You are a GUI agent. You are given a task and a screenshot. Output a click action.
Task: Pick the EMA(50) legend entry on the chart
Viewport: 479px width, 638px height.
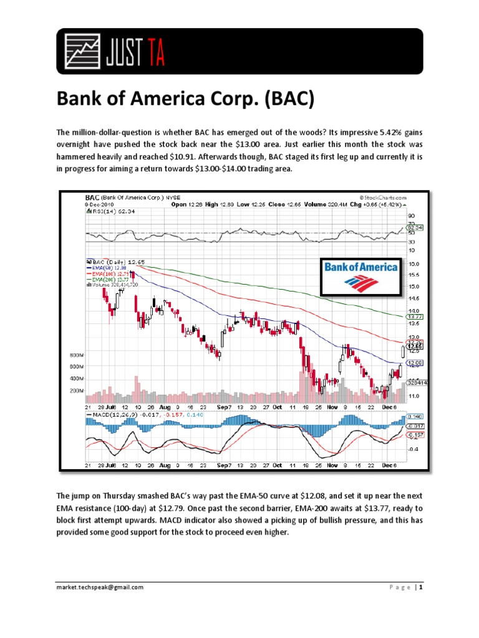pyautogui.click(x=109, y=267)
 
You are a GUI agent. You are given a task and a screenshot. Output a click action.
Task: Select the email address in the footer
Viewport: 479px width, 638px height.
pyautogui.click(x=100, y=588)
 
